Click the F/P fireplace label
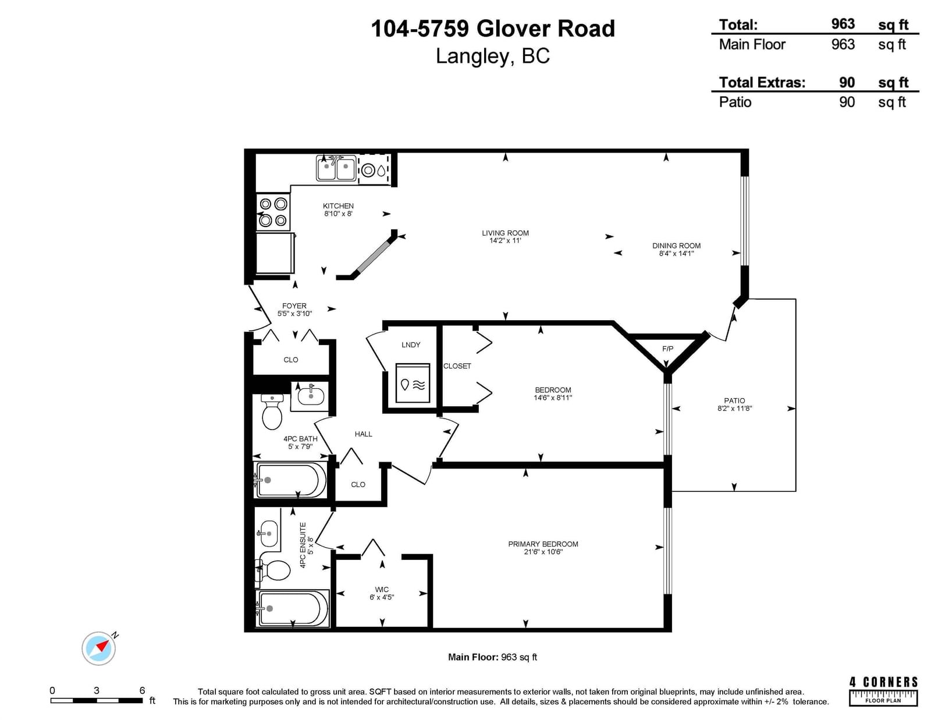point(667,349)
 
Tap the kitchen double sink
point(336,168)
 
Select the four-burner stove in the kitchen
point(273,212)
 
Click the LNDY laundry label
point(410,345)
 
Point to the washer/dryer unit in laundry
point(413,383)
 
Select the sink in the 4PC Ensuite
point(269,533)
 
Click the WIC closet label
point(381,589)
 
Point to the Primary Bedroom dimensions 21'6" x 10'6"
point(543,552)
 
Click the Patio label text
point(734,400)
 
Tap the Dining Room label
point(676,246)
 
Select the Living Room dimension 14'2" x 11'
point(505,240)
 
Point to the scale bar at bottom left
point(97,700)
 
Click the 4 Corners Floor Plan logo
point(883,690)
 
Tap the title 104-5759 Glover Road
point(493,29)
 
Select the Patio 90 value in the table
point(847,102)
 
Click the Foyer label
point(294,306)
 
